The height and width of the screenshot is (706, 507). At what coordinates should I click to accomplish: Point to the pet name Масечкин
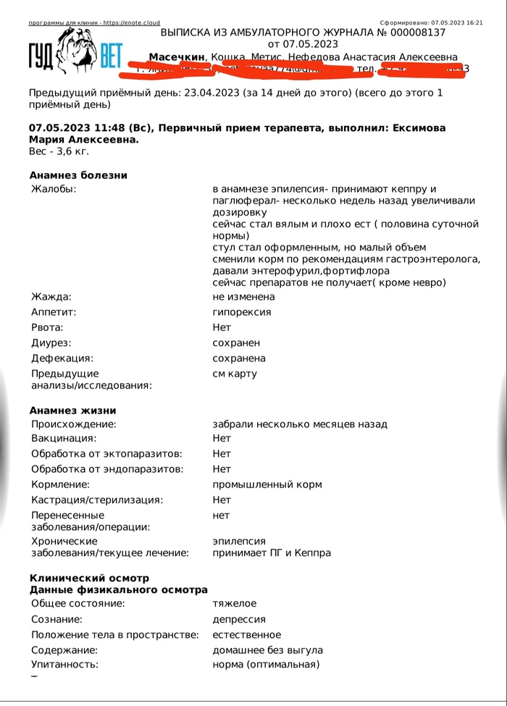(x=177, y=57)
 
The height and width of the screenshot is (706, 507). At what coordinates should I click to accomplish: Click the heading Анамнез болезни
(x=78, y=175)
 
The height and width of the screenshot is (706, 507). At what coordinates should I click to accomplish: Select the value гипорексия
(x=242, y=312)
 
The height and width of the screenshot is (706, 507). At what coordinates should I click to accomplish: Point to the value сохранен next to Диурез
(x=236, y=343)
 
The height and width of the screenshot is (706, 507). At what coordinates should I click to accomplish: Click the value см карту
(x=235, y=374)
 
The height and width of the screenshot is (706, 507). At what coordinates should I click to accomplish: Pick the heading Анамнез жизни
(x=73, y=411)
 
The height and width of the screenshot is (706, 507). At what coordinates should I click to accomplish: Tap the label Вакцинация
(x=64, y=439)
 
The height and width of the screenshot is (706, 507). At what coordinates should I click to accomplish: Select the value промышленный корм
(x=267, y=484)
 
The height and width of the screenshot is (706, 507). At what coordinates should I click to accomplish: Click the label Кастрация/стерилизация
(x=97, y=500)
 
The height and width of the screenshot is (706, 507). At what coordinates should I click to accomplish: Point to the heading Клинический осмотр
(x=89, y=578)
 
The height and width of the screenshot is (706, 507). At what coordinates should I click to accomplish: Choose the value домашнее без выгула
(x=267, y=650)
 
